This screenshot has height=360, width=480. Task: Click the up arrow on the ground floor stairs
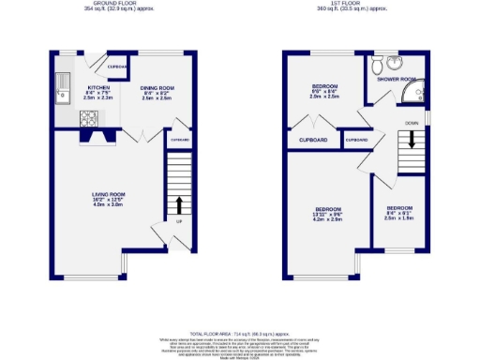coord(179,204)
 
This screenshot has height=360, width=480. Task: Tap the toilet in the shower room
coord(377,66)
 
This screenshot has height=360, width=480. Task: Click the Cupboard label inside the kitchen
coord(118,67)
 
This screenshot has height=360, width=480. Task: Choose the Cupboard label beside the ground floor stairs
coord(179,141)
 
